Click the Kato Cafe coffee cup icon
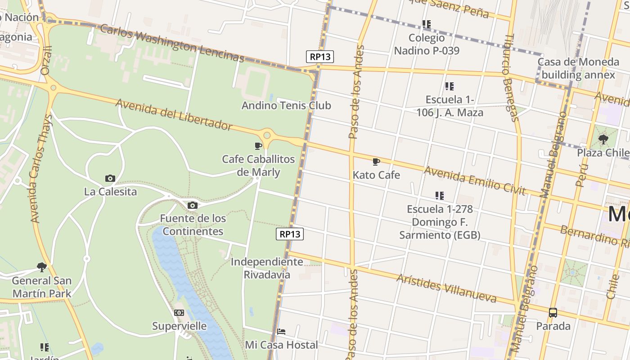pos(376,162)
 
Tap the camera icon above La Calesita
pos(110,179)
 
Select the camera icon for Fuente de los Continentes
pos(193,206)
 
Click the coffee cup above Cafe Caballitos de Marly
pos(258,146)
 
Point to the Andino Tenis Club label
pos(286,106)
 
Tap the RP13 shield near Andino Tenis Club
pos(320,57)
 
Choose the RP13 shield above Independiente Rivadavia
pos(290,234)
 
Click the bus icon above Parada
pos(553,313)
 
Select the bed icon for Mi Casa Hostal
pos(281,332)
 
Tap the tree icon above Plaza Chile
pos(603,139)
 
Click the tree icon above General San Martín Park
pos(42,267)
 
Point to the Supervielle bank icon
pos(179,313)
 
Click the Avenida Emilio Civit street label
pos(475,181)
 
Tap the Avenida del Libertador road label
pos(174,114)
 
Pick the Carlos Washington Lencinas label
pos(172,43)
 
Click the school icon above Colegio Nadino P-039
pos(427,24)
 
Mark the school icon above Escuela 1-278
pos(440,196)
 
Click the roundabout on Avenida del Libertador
pos(267,135)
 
